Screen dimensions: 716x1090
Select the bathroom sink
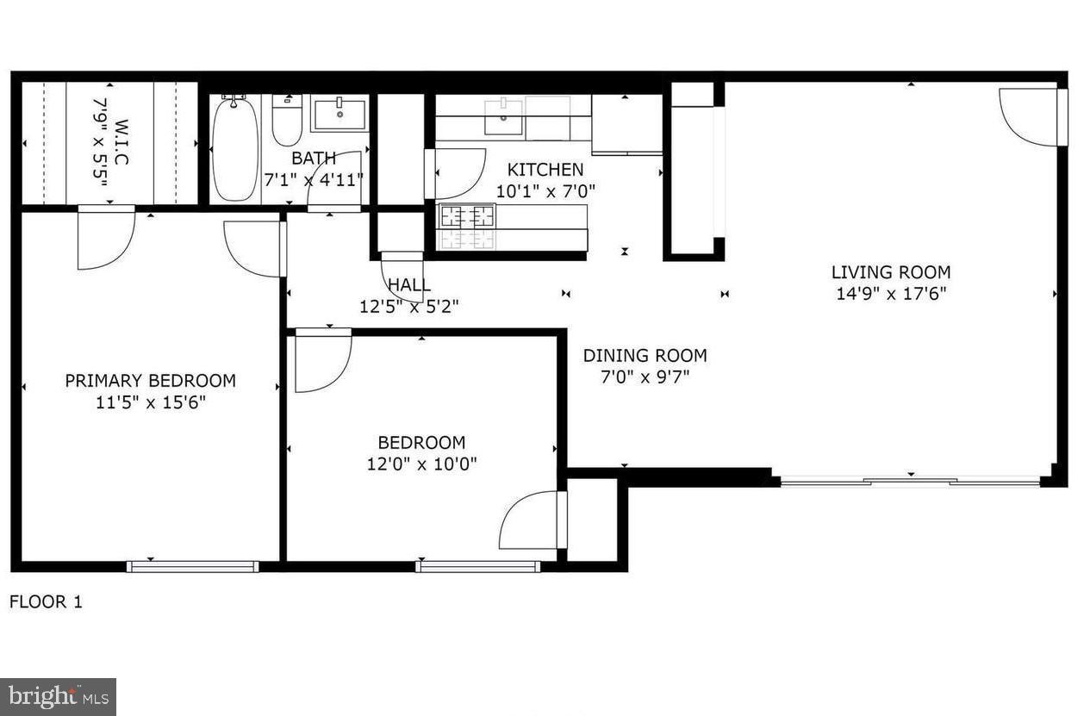click(x=339, y=114)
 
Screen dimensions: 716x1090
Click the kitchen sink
click(x=503, y=116)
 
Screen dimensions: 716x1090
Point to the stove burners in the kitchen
click(x=468, y=216)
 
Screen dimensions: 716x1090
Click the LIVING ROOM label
click(x=891, y=272)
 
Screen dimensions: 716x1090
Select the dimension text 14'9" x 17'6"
click(x=891, y=294)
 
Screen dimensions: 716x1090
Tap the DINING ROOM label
click(x=645, y=355)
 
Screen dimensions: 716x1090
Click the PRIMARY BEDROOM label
click(x=150, y=381)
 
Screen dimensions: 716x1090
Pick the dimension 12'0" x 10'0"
click(x=421, y=464)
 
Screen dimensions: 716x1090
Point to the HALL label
click(x=409, y=285)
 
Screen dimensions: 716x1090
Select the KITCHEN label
click(x=545, y=170)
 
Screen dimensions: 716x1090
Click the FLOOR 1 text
click(x=46, y=601)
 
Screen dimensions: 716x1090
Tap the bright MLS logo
click(x=58, y=696)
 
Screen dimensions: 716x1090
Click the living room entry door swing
click(x=1031, y=117)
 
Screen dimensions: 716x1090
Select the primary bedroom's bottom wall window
click(x=192, y=566)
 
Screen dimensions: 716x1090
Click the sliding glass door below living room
click(x=910, y=481)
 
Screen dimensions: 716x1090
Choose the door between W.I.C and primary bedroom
click(x=106, y=238)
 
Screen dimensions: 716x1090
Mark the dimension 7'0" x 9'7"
click(x=645, y=377)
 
